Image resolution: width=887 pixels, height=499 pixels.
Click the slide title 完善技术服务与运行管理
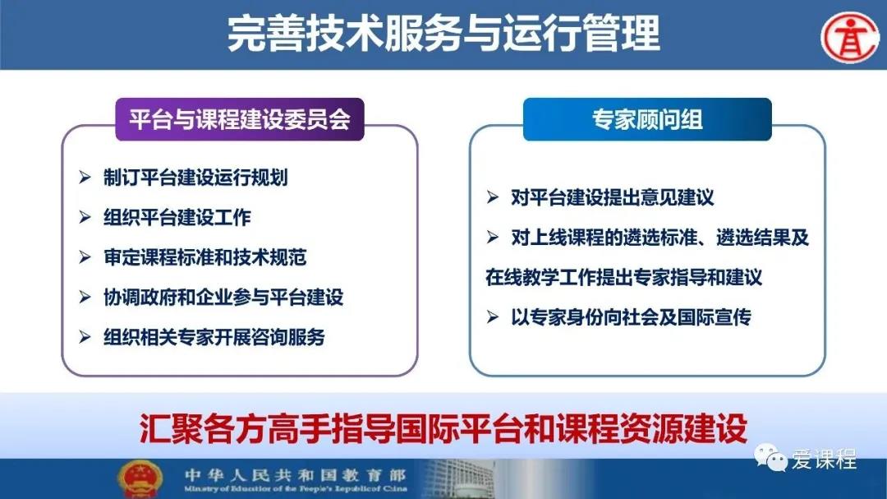pyautogui.click(x=443, y=33)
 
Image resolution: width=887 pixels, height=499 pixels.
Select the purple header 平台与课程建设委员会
pyautogui.click(x=240, y=119)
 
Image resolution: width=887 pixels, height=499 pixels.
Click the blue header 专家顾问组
pyautogui.click(x=647, y=119)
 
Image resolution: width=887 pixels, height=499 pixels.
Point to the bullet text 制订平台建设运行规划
pyautogui.click(x=195, y=178)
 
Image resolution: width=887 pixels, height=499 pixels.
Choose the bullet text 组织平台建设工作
pyautogui.click(x=177, y=217)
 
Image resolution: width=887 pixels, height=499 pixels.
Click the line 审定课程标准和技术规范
pyautogui.click(x=205, y=257)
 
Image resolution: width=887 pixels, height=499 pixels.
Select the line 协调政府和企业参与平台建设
pyautogui.click(x=223, y=297)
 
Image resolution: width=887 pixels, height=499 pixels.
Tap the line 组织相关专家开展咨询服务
pyautogui.click(x=214, y=337)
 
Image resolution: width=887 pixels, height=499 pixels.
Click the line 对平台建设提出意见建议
pyautogui.click(x=612, y=197)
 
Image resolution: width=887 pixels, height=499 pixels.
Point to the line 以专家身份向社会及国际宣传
pyautogui.click(x=631, y=317)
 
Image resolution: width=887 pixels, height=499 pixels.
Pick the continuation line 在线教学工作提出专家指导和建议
pyautogui.click(x=624, y=278)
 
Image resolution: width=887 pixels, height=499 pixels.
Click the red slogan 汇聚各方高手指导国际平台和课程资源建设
pyautogui.click(x=443, y=429)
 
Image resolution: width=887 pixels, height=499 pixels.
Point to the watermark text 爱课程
pyautogui.click(x=824, y=459)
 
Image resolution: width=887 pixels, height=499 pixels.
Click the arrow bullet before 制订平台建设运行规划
pyautogui.click(x=85, y=178)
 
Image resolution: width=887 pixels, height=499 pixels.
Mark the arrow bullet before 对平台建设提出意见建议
pyautogui.click(x=492, y=197)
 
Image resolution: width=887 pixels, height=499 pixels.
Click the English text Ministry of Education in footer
pyautogui.click(x=296, y=488)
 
